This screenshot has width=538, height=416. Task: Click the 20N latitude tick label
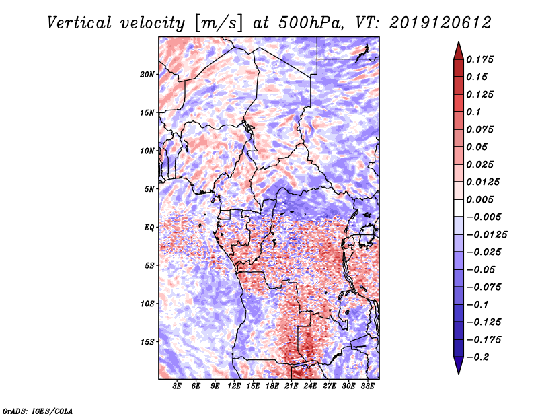(147, 74)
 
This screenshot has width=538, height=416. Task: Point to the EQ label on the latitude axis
(149, 227)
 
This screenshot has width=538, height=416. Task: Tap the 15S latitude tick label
(147, 341)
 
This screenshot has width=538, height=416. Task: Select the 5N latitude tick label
(149, 188)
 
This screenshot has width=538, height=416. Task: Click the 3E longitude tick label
(178, 386)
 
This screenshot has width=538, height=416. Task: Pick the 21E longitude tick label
(292, 386)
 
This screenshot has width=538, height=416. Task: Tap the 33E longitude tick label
(368, 386)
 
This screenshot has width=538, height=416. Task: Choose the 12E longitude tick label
(235, 386)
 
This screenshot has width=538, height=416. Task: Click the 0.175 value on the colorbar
(482, 59)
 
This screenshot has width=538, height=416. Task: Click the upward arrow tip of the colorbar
(458, 44)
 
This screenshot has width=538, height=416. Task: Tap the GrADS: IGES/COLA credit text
(37, 410)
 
